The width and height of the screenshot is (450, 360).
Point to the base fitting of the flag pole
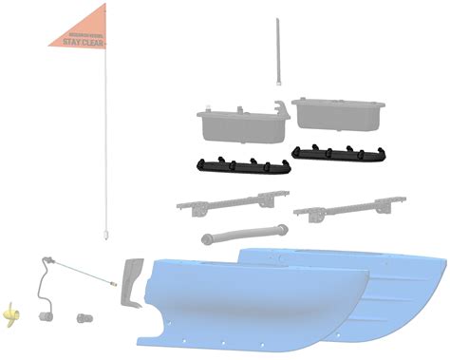(104, 231)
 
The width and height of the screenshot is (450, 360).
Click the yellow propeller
(11, 312)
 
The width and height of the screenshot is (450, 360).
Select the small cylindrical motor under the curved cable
(44, 315)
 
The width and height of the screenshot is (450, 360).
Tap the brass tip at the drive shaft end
(113, 282)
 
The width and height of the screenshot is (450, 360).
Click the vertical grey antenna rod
(276, 52)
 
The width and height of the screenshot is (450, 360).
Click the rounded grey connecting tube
(244, 232)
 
